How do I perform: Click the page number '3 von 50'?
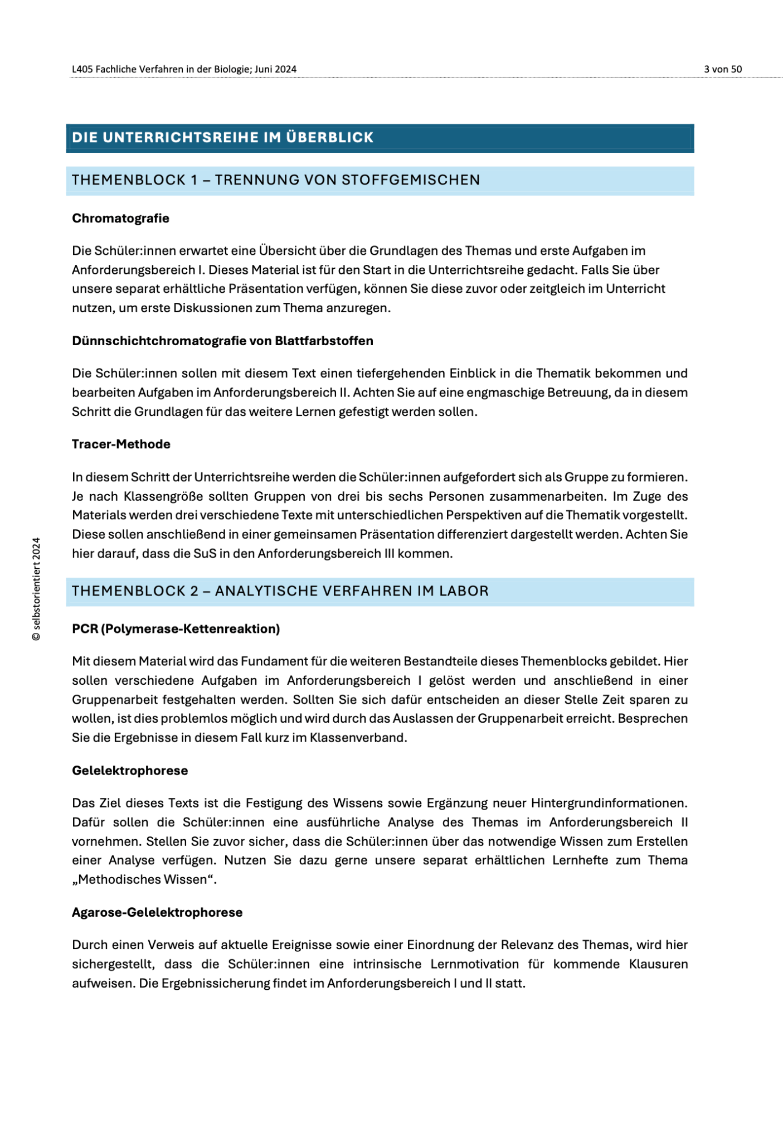722,69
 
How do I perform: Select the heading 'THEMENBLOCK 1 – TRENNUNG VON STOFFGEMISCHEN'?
276,180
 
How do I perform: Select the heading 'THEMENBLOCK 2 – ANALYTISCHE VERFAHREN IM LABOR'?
280,591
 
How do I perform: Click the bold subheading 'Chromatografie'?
120,219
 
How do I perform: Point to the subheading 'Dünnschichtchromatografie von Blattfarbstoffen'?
222,341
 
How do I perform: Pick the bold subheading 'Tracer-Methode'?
121,444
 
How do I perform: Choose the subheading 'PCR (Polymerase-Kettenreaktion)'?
176,629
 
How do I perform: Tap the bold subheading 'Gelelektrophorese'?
130,771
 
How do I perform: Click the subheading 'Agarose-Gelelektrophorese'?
157,912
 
